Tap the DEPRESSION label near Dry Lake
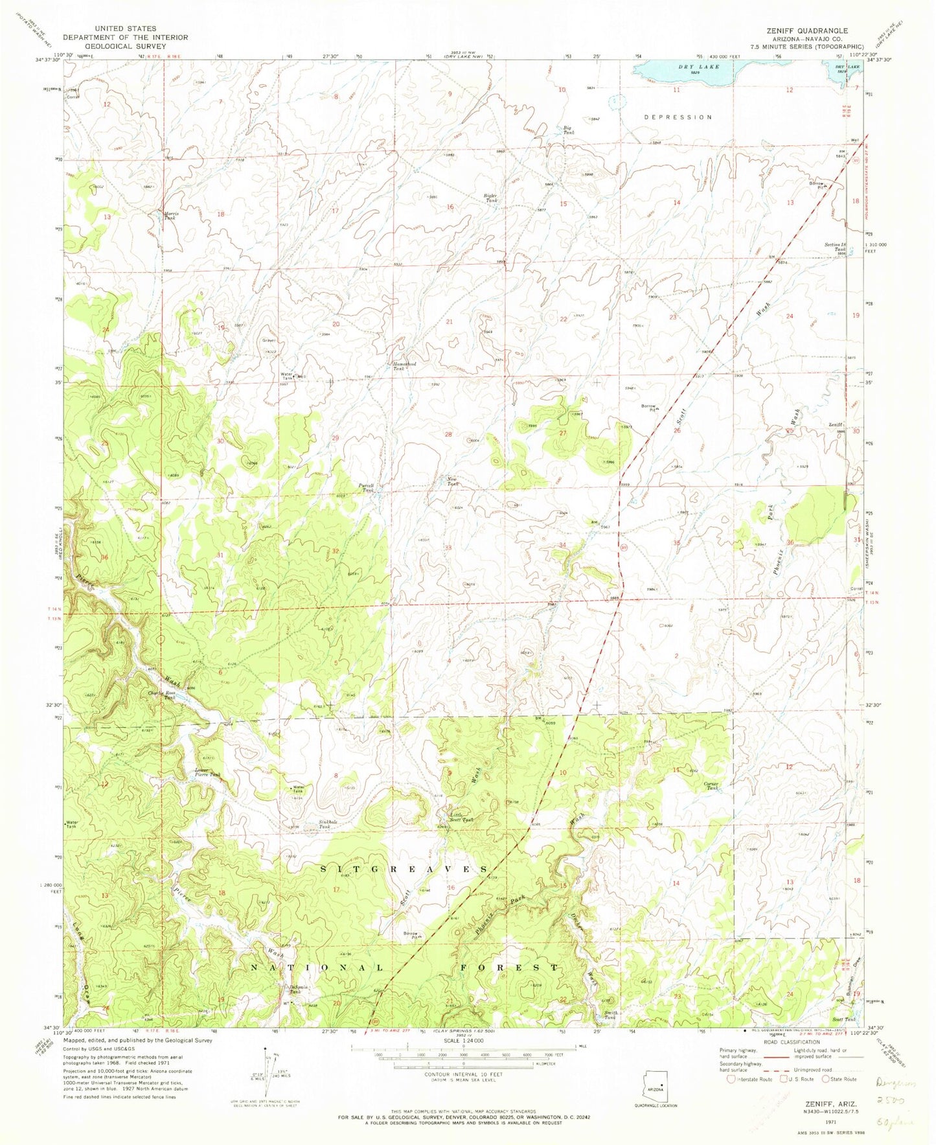tap(678, 117)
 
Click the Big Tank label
tap(568, 130)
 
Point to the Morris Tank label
tap(169, 215)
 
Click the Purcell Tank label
tap(367, 488)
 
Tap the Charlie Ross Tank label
tap(159, 695)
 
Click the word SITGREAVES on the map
tap(404, 869)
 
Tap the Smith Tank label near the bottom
tap(611, 1015)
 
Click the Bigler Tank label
tap(490, 198)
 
